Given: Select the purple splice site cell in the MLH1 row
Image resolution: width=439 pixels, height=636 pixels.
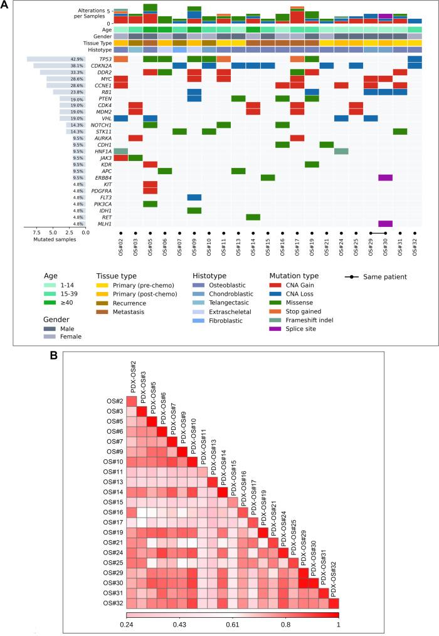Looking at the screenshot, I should click(385, 224).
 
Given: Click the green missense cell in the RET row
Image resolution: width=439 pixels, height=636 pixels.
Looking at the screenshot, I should click(253, 217).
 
